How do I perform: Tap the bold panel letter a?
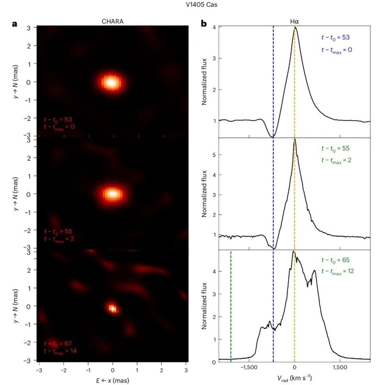(x=15, y=23)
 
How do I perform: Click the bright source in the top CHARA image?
(x=111, y=82)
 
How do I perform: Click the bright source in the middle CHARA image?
(x=112, y=194)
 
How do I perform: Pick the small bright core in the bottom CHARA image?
(x=112, y=308)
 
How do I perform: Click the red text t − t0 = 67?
(x=58, y=343)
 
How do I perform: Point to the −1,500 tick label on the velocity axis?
(x=248, y=368)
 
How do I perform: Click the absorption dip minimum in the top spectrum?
(x=273, y=137)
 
